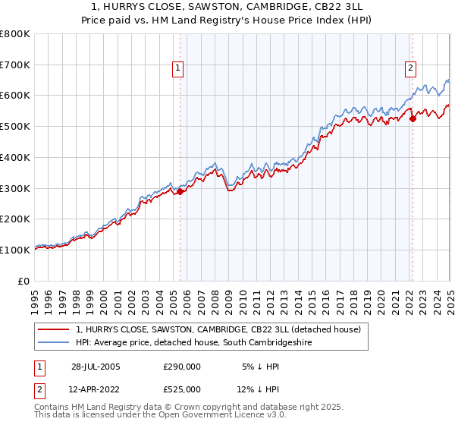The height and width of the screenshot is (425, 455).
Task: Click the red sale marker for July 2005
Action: coord(180,192)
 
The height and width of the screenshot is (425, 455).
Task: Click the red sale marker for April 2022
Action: coord(413,118)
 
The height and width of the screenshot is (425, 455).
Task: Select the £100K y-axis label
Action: coord(15,250)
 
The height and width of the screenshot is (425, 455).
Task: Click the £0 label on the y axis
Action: coord(24,281)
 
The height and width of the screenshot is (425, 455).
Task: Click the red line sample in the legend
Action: coord(54,330)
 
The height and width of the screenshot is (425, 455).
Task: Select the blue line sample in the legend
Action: coord(54,343)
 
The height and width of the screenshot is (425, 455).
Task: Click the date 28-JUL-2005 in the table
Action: coord(96,367)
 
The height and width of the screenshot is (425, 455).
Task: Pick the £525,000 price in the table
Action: coord(182,389)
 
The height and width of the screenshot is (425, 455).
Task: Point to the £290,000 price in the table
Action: coord(182,367)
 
